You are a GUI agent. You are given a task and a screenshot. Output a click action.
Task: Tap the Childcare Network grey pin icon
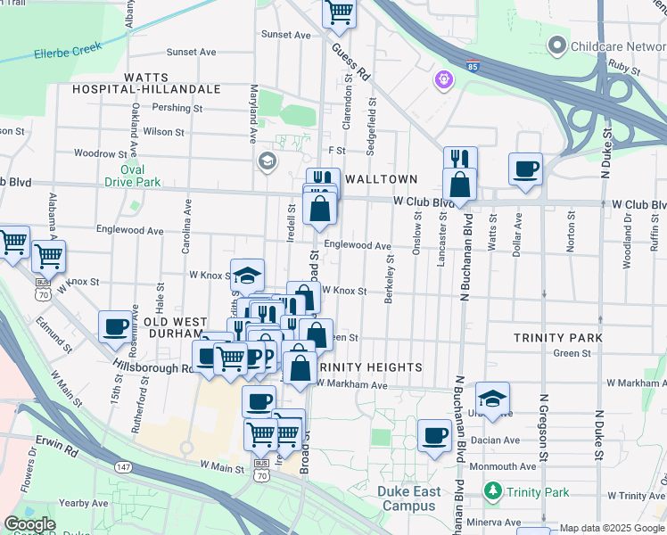[558, 44]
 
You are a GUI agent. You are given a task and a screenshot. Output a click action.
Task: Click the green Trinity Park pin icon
[492, 491]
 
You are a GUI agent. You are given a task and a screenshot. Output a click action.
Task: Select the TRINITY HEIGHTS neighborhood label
[369, 367]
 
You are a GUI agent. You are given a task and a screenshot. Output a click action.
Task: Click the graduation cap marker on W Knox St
[247, 275]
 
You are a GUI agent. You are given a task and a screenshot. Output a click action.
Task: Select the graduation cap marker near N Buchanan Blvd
[492, 398]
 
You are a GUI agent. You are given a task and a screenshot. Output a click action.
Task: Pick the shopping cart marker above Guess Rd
[339, 12]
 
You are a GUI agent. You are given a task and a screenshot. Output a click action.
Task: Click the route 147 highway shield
[124, 467]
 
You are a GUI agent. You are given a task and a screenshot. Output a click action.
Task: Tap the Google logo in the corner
[29, 524]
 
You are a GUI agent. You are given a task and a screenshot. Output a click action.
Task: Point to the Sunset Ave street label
[285, 35]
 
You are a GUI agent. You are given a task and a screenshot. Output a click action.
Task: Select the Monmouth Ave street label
[498, 466]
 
